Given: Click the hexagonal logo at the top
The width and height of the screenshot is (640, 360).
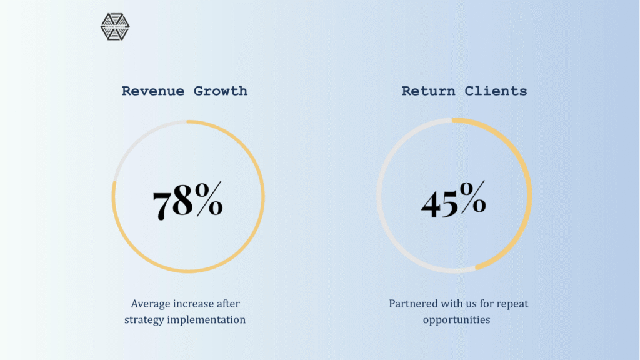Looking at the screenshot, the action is [115, 27].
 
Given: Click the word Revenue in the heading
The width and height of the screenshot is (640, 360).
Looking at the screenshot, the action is [153, 91].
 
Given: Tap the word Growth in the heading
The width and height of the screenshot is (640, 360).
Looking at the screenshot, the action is [221, 91].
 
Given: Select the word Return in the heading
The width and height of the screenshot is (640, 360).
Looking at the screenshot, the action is [428, 91].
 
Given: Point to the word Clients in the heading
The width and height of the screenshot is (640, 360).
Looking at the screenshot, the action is [496, 91].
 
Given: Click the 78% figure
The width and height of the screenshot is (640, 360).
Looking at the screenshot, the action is [187, 201].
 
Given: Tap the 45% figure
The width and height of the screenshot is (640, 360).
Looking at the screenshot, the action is [454, 199].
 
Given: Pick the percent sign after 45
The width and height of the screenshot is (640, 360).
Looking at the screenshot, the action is [472, 197].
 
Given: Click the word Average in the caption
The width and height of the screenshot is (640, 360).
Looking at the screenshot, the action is [151, 304].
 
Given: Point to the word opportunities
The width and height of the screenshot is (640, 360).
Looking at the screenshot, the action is [456, 320].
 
